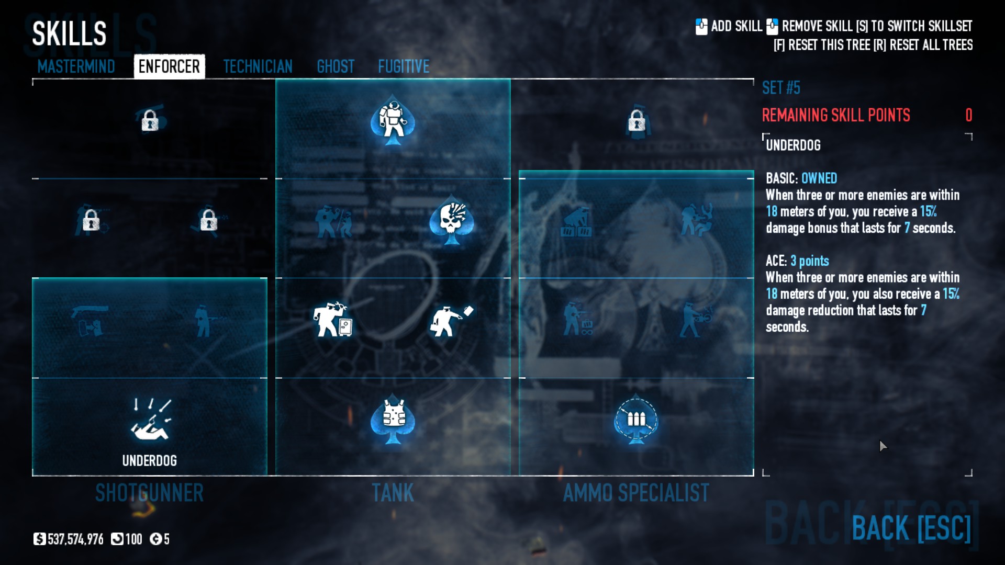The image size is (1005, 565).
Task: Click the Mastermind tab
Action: point(76,66)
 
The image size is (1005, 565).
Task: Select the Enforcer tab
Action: point(169,66)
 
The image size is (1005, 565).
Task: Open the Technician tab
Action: point(258,66)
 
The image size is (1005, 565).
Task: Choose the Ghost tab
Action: point(336,66)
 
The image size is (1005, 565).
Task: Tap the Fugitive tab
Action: point(404,66)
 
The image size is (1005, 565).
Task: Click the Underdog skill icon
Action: point(150,420)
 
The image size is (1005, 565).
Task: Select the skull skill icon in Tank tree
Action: point(451,220)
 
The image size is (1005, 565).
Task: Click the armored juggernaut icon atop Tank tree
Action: point(393,121)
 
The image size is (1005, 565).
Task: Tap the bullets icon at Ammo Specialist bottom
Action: point(636,420)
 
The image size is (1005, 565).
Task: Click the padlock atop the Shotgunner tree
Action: point(150,120)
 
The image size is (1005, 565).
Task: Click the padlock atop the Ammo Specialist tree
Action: point(636,121)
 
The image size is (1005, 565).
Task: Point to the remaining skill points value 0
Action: point(968,115)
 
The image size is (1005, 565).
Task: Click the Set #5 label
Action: point(781,87)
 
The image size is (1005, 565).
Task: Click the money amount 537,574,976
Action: point(75,539)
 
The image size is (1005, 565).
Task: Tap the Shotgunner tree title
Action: point(149,493)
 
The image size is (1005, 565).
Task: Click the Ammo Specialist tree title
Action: point(636,493)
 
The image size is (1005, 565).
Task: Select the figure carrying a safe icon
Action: point(333,319)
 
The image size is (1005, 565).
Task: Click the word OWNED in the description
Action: point(819,178)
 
